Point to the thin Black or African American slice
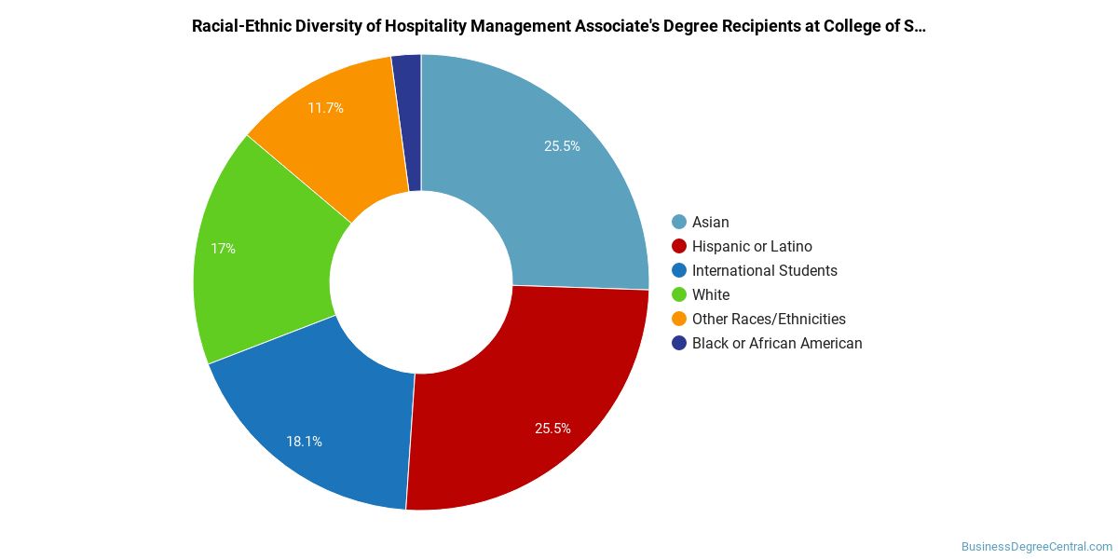coord(408,121)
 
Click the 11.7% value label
coord(325,108)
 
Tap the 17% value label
coord(223,249)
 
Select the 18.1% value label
coord(305,442)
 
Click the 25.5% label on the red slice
coord(552,429)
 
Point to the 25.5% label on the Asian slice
coord(562,146)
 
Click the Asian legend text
coord(711,222)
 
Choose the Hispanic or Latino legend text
coord(752,246)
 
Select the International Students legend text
coord(765,270)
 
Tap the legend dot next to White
coord(679,294)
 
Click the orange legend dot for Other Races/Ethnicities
coord(679,319)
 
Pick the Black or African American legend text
coord(777,343)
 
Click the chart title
coord(559,26)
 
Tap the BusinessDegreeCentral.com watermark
coord(1036,547)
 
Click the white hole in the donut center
coord(421,282)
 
